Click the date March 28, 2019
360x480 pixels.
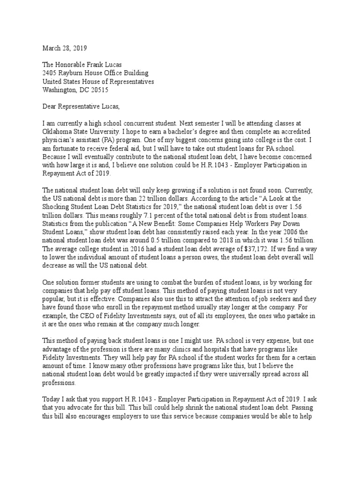point(65,48)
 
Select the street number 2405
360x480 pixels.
point(50,73)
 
